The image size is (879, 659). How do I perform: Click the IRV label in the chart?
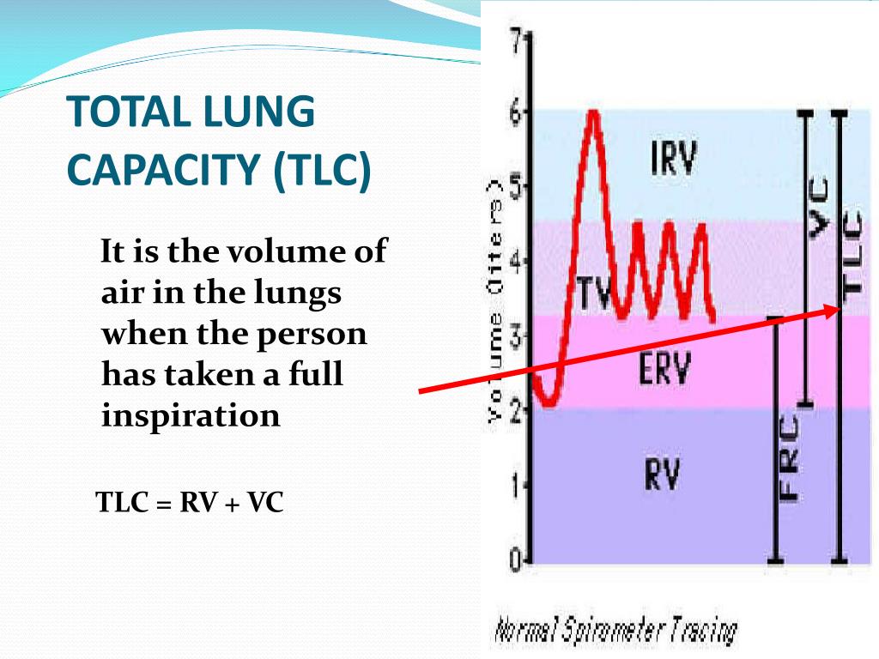[673, 158]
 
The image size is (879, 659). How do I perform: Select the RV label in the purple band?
[662, 474]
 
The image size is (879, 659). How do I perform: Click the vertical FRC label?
[789, 458]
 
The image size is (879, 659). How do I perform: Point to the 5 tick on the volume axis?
[516, 188]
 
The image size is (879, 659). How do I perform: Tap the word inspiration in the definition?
[191, 416]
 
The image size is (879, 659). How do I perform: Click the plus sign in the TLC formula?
[232, 504]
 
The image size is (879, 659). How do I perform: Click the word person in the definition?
[312, 335]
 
